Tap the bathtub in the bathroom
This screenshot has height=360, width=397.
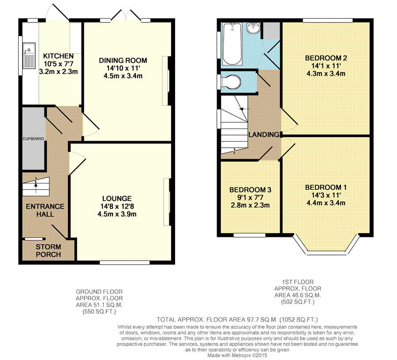232,44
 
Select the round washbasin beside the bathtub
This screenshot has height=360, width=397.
254,28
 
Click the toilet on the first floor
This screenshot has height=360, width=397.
233,82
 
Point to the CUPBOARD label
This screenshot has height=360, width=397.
34,139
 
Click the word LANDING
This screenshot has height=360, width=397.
264,135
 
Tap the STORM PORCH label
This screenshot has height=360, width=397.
49,251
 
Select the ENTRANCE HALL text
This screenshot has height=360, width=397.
45,210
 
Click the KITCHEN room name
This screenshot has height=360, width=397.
58,56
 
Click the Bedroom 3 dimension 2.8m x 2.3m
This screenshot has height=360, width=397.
250,205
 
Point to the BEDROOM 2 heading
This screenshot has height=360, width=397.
326,58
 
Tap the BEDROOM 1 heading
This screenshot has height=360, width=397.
326,187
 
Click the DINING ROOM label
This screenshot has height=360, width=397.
123,60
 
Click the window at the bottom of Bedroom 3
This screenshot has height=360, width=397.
249,235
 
